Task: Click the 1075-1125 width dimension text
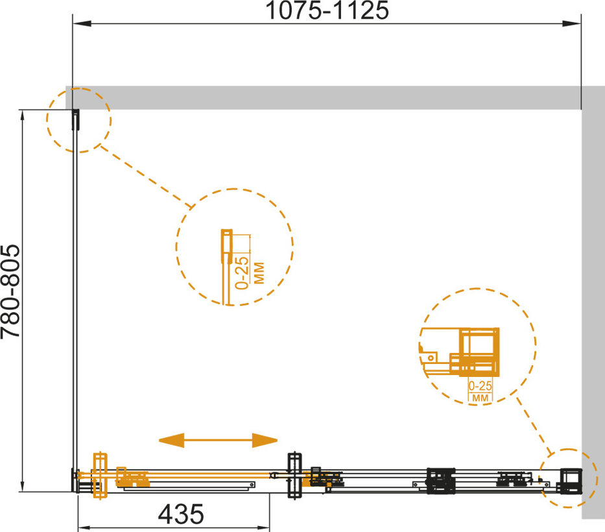pyautogui.click(x=327, y=10)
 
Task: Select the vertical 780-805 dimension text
pyautogui.click(x=10, y=291)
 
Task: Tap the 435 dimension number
pyautogui.click(x=181, y=514)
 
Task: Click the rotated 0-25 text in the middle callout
pyautogui.click(x=242, y=272)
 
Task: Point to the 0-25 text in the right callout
pyautogui.click(x=480, y=385)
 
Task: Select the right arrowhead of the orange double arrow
pyautogui.click(x=265, y=440)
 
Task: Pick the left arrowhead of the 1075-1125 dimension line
pyautogui.click(x=82, y=23)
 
